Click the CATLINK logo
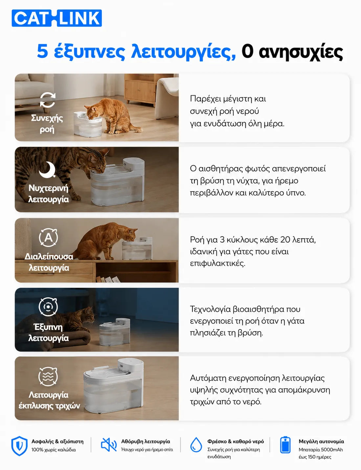[x=57, y=18]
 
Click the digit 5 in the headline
[x=42, y=52]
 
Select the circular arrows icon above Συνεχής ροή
[x=48, y=100]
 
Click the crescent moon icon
[x=47, y=170]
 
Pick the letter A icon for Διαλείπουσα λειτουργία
[x=48, y=237]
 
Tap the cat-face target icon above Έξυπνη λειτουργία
[x=48, y=307]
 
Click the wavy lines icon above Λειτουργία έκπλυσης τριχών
[x=48, y=377]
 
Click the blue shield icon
[x=19, y=446]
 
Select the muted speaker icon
[x=109, y=445]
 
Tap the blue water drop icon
[x=196, y=445]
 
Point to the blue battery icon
[x=285, y=445]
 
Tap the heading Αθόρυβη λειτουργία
[x=146, y=441]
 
